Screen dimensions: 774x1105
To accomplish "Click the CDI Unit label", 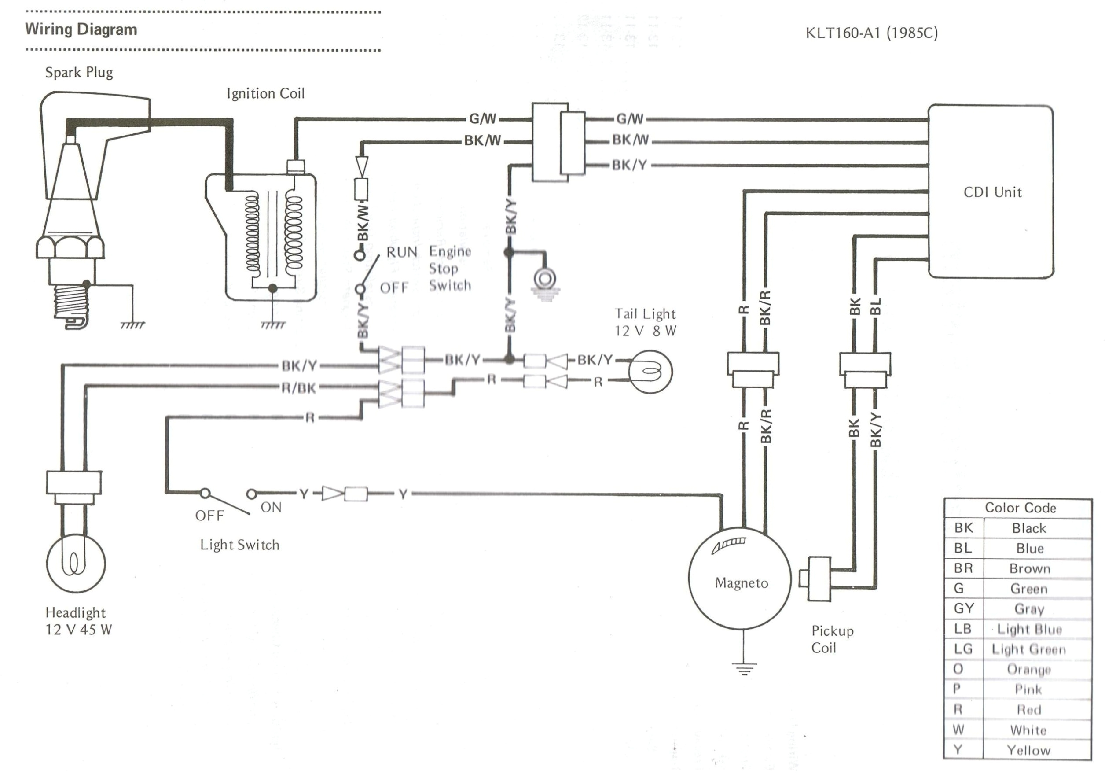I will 992,192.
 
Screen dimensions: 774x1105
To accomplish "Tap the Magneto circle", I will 740,578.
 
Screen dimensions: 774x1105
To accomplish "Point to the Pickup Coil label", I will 832,639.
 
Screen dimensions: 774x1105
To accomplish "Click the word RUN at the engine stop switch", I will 402,252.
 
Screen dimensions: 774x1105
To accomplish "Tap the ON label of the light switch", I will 271,507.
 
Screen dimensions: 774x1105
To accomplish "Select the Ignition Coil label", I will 265,93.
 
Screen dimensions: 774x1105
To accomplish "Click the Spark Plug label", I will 79,73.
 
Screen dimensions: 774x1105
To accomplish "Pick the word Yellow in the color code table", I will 1028,750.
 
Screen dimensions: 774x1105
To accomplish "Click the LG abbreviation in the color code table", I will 963,649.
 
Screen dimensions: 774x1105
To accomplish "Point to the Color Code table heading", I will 1020,508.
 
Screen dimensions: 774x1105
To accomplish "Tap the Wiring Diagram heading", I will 81,29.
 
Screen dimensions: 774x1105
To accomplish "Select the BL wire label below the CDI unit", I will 876,306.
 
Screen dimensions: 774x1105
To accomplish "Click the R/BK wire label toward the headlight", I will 299,388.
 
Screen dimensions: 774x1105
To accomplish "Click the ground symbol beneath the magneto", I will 744,669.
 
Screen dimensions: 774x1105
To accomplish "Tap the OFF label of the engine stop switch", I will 394,288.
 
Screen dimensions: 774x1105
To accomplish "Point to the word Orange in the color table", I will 1028,669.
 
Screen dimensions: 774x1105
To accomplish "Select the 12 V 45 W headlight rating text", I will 78,630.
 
